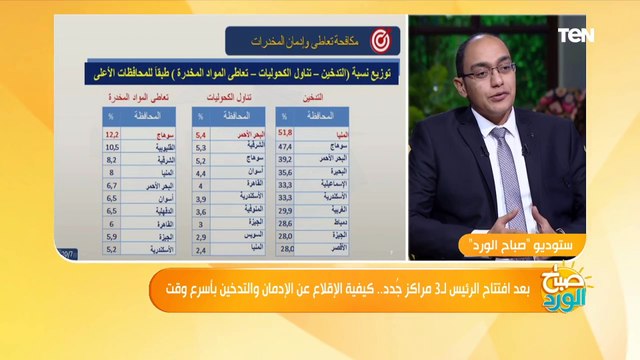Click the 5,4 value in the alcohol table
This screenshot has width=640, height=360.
click(x=200, y=132)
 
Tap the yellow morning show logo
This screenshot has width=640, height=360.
click(x=564, y=292)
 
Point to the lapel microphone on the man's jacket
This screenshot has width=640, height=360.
click(x=524, y=149)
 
